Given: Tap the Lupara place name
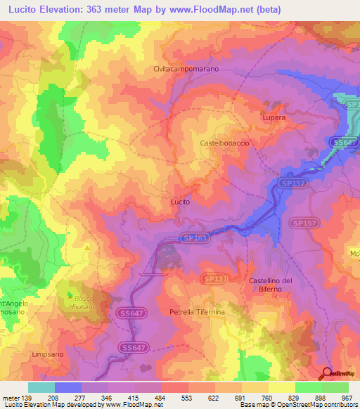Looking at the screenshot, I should [274, 118].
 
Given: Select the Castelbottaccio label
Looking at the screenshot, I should [225, 143].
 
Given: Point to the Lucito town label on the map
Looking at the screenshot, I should [181, 202].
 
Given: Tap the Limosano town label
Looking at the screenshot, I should [48, 354].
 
